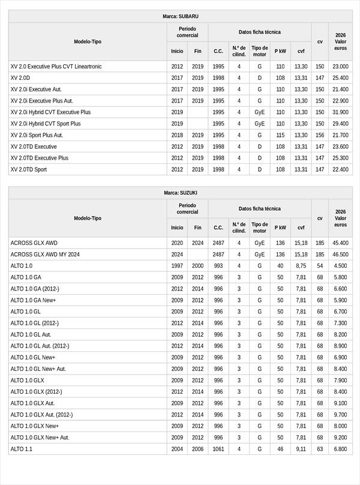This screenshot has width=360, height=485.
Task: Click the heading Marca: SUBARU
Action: [181, 16]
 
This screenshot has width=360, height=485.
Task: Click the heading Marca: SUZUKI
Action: [181, 193]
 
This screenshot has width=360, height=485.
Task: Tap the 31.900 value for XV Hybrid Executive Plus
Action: [340, 112]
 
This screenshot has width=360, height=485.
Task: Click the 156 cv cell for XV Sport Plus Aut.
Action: [320, 135]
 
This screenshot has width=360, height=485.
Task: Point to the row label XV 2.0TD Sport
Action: [29, 169]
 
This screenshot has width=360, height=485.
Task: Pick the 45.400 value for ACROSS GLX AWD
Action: [340, 243]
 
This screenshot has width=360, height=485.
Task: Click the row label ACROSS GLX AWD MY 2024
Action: [45, 255]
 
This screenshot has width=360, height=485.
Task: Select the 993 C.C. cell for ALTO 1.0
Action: [218, 266]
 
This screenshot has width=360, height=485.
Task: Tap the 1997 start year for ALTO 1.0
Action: [177, 266]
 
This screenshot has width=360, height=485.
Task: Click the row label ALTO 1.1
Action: [22, 449]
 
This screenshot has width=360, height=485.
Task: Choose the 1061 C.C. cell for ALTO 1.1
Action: [218, 449]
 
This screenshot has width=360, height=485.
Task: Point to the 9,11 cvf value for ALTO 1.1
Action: [301, 449]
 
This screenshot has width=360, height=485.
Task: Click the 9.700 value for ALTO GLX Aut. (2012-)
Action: [340, 415]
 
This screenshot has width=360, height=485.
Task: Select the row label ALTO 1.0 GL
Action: [26, 312]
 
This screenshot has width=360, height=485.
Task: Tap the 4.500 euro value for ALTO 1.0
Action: [340, 266]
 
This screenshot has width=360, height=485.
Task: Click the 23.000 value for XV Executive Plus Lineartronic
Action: [340, 67]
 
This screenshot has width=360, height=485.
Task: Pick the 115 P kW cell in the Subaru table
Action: [280, 135]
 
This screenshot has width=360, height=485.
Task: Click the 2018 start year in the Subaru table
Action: [177, 135]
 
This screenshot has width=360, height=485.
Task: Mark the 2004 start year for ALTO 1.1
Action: [177, 449]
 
